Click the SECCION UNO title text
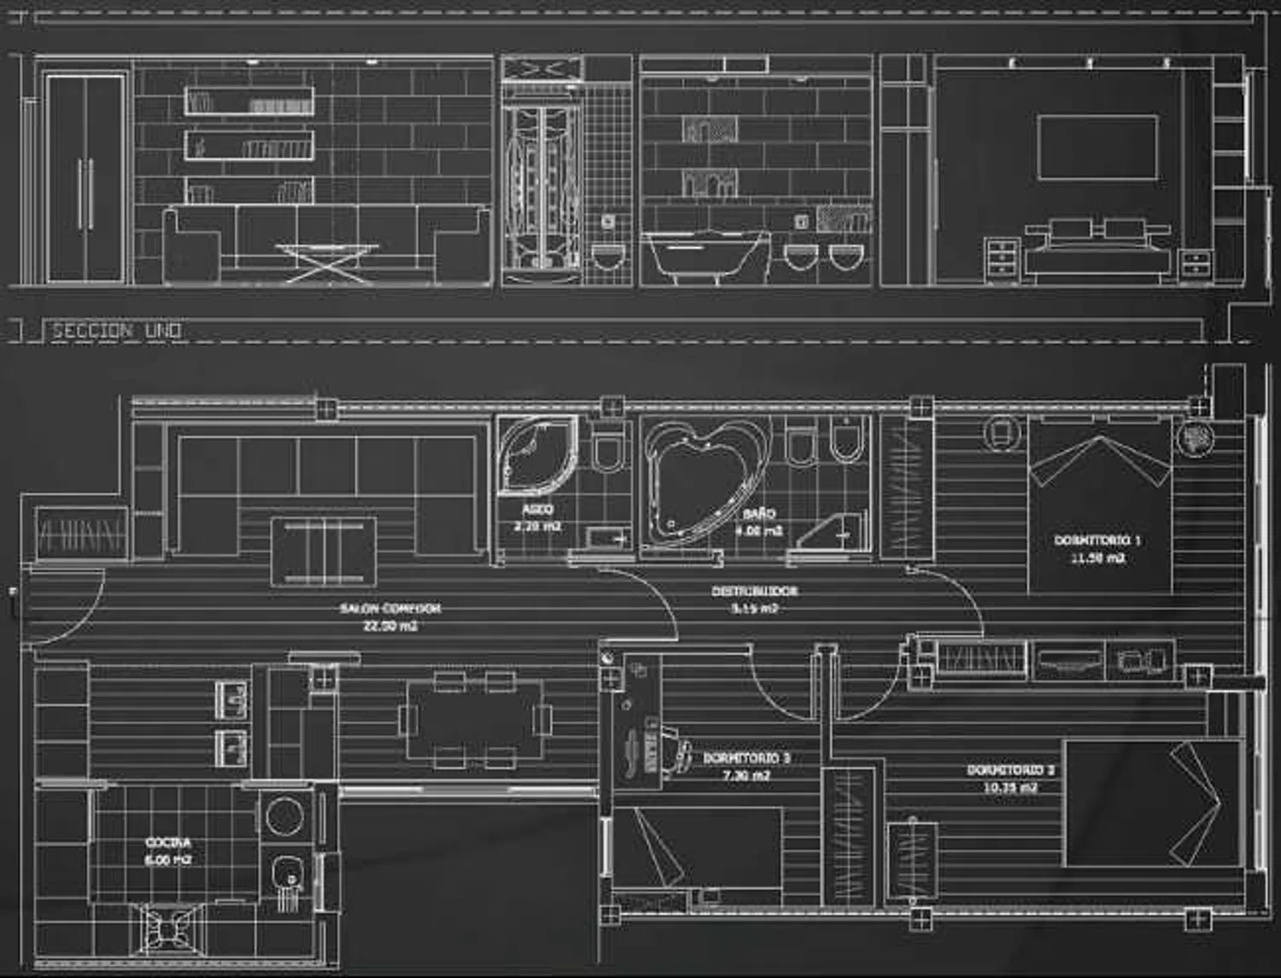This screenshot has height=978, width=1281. [x=116, y=331]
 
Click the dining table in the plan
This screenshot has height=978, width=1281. [x=475, y=719]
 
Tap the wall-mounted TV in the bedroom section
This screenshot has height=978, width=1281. [x=1097, y=147]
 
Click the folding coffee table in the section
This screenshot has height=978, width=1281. [x=327, y=261]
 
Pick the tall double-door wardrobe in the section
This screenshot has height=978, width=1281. [x=85, y=178]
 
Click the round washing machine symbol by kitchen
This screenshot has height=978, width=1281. [x=284, y=816]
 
